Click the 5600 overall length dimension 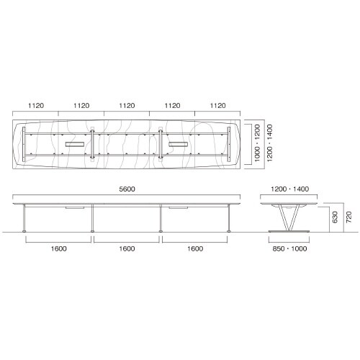coord(127,189)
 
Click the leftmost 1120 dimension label coord(37,106)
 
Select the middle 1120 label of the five coord(127,106)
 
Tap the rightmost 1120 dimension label coord(217,106)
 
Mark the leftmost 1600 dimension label coord(59,248)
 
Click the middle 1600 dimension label coord(127,248)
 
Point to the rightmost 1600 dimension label coord(195,248)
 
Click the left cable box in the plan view coord(74,145)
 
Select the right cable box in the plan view coord(179,145)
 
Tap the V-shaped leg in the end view coord(288,217)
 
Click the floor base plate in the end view coord(288,230)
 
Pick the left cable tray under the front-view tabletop coord(75,207)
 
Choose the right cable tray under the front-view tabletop coord(179,207)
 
